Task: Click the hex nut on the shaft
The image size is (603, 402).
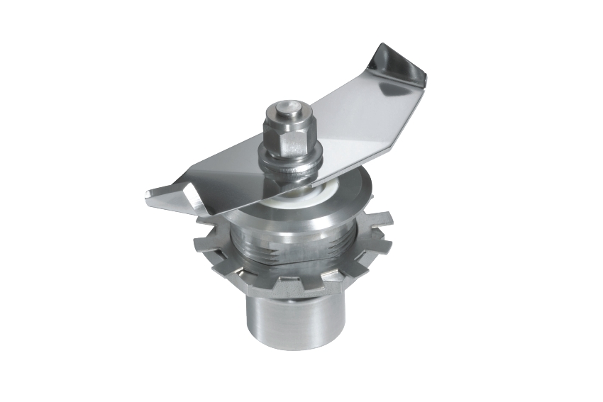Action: [290, 139]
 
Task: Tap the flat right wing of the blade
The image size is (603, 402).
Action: [355, 121]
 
